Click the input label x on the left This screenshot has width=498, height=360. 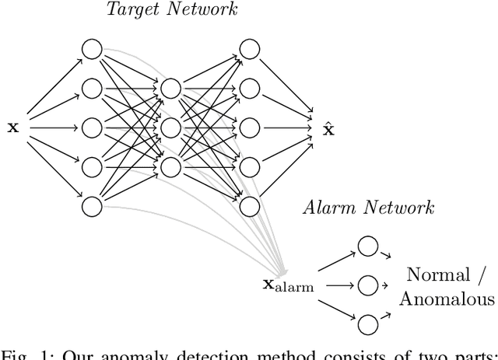tap(12, 128)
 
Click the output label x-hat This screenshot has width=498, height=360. tap(328, 127)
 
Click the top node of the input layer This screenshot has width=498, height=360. tap(92, 48)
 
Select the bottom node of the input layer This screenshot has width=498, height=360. tap(92, 206)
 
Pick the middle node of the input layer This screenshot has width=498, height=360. tap(92, 127)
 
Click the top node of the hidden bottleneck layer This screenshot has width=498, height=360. tap(170, 88)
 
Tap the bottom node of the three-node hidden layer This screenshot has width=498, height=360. tap(170, 166)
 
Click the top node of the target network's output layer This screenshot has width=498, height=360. tap(250, 48)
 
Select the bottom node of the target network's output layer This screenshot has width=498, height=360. tap(250, 206)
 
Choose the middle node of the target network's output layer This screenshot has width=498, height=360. tap(250, 127)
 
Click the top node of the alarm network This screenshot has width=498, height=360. tap(367, 246)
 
